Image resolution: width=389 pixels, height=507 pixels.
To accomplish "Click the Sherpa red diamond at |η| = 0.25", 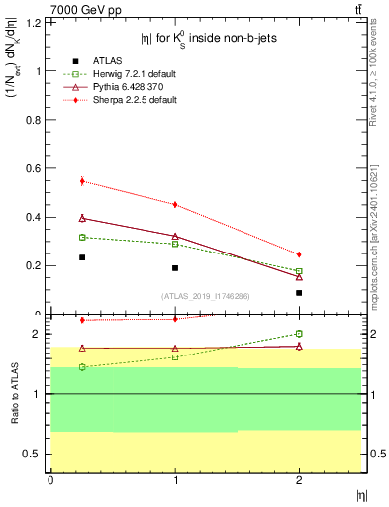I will point(82,181).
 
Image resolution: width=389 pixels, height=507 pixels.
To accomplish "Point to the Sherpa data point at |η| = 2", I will point(299,254).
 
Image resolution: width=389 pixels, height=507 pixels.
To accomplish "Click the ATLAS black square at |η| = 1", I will point(175,268).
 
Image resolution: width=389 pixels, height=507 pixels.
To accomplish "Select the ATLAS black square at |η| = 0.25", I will point(82,257).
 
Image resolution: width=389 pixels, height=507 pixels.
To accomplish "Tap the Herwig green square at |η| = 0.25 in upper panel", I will point(82,238).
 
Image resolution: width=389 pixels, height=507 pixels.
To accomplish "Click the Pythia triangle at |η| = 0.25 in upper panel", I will point(82,218).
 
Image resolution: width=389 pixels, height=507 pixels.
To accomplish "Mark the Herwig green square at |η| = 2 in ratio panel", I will point(299,334).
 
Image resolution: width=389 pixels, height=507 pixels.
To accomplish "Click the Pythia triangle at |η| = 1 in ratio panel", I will point(175,349).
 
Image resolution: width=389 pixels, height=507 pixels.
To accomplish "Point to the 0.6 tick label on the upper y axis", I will point(37,168).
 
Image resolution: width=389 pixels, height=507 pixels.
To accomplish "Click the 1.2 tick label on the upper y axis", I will point(37,23).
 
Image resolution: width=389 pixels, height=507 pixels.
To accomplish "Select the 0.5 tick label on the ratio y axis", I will point(37,454).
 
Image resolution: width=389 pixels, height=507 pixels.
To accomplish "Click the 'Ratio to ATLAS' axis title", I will point(15,394).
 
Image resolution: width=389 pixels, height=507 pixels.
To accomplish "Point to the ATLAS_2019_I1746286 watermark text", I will point(205,296).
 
